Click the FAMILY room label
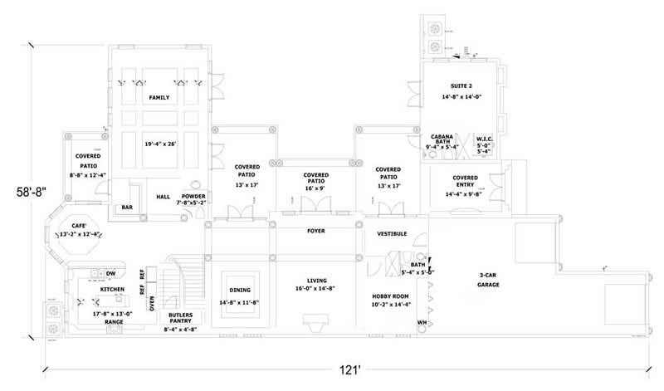(159, 97)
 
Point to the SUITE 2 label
(462, 86)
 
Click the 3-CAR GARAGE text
(488, 279)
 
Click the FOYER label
(315, 231)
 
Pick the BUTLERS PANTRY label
(181, 318)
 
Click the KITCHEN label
(113, 289)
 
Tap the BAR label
(127, 207)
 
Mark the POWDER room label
(193, 196)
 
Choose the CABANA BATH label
(442, 139)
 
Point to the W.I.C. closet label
(485, 139)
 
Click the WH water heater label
(422, 322)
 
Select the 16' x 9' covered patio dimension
(315, 188)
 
